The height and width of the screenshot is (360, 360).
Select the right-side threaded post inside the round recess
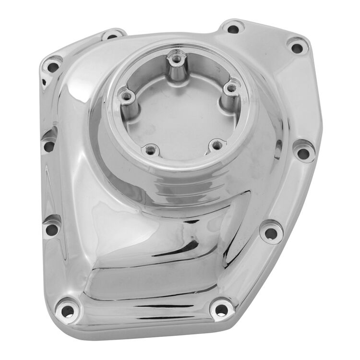[232, 88]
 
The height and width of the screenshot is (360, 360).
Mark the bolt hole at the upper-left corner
[51, 66]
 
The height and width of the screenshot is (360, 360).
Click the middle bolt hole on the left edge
[49, 144]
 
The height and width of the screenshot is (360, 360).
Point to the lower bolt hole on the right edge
[271, 234]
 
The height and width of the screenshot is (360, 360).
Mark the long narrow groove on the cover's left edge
[47, 192]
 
